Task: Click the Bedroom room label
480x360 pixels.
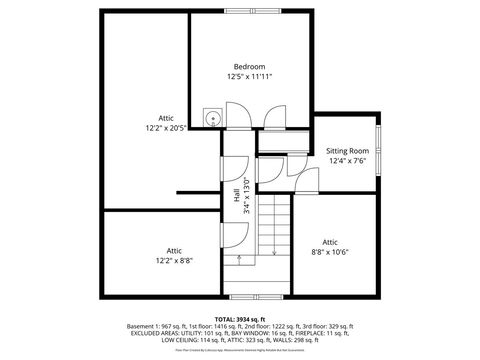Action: pyautogui.click(x=249, y=66)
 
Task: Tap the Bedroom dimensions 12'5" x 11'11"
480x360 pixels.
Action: pyautogui.click(x=249, y=76)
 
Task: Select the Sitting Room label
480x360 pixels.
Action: pyautogui.click(x=347, y=150)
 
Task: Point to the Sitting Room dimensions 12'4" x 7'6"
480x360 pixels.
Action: pyautogui.click(x=347, y=160)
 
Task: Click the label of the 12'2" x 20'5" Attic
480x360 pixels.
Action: pyautogui.click(x=166, y=117)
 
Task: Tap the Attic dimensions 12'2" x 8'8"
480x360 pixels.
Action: pyautogui.click(x=174, y=260)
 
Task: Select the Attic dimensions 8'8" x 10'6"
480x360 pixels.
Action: pyautogui.click(x=331, y=252)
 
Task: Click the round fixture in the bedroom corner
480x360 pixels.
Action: pyautogui.click(x=212, y=118)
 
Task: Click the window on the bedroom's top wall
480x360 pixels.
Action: pyautogui.click(x=250, y=12)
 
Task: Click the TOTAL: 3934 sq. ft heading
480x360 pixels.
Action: pyautogui.click(x=240, y=318)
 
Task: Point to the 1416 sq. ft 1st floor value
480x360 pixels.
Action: pyautogui.click(x=238, y=327)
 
